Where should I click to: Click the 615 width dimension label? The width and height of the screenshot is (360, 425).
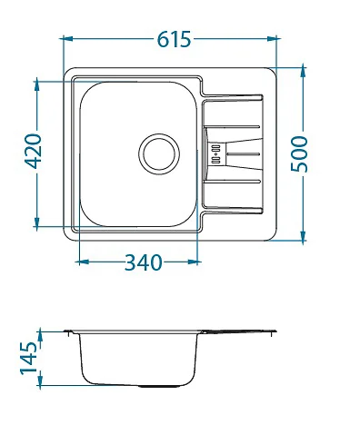174,39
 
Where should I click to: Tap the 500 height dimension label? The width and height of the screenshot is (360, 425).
299,154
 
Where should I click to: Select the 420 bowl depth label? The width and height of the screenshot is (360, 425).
33,151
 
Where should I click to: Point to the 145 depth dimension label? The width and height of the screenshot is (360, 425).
28,358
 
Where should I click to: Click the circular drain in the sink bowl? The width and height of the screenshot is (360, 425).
159,154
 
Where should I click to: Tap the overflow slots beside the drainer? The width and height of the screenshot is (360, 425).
215,154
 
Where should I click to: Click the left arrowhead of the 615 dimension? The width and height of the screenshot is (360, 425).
66,38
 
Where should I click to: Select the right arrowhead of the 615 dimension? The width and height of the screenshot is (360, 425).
272,38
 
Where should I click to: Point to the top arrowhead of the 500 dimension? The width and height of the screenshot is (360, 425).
303,72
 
